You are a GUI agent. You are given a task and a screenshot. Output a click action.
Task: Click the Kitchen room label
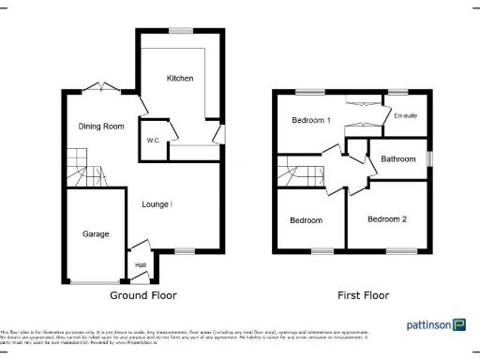coord(180,78)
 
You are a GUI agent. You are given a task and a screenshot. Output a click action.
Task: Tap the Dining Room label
coord(101,127)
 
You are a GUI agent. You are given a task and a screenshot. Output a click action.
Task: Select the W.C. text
coord(153,142)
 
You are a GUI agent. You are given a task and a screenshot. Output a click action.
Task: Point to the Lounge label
coord(156,203)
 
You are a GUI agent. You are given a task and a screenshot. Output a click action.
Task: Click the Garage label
coord(96,233)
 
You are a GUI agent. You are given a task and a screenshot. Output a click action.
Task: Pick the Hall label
coord(141,265)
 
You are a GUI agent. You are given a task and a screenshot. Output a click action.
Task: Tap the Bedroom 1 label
coord(310,121)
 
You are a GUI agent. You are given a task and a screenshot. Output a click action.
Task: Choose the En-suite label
coord(405,116)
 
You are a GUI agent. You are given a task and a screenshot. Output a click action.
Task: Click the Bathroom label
coord(397,159)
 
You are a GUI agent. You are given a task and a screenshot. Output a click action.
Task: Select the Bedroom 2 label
coord(386,219)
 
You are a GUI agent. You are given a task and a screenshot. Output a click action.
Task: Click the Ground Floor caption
coord(143,295)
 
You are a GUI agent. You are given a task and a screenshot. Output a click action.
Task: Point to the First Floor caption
coord(363,295)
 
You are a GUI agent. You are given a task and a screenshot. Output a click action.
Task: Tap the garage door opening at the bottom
coord(96,281)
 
